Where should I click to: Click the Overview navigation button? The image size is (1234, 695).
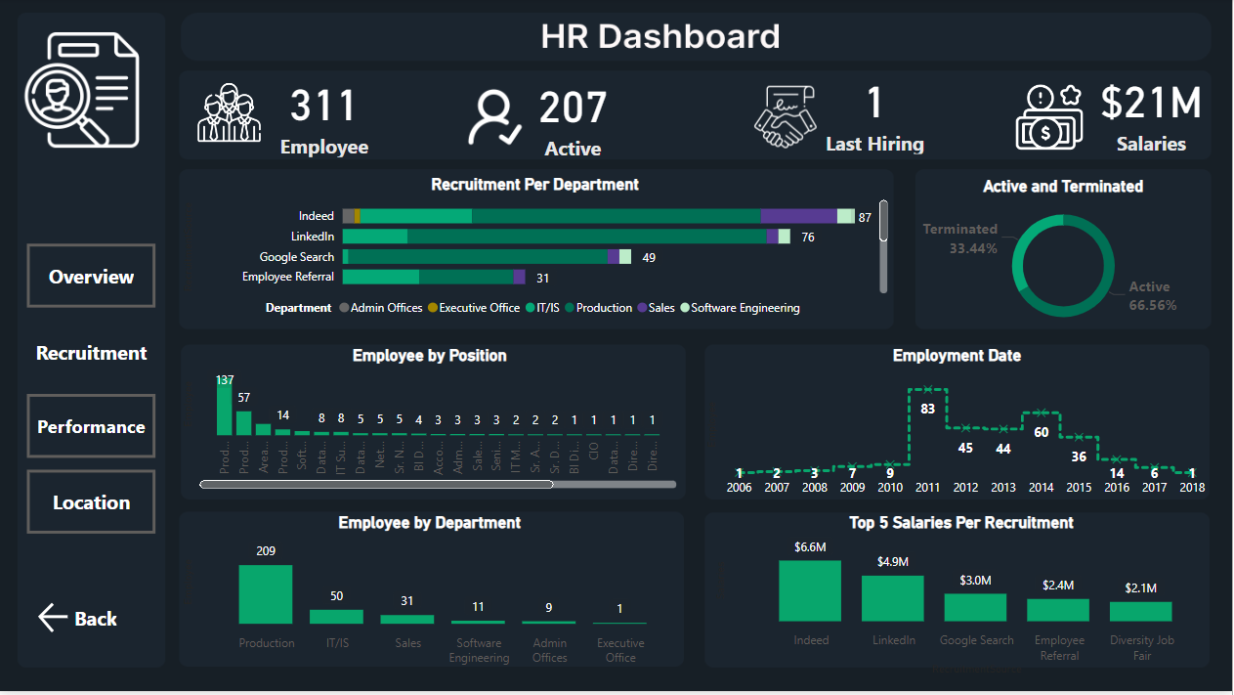click(x=91, y=277)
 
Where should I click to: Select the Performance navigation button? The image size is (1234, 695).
click(x=91, y=427)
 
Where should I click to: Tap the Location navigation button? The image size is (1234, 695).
click(x=91, y=502)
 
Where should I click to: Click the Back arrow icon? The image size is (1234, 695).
click(x=52, y=618)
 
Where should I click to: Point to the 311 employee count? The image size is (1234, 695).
click(x=323, y=107)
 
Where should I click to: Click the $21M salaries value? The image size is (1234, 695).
click(x=1151, y=104)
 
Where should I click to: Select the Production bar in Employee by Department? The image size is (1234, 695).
click(x=266, y=594)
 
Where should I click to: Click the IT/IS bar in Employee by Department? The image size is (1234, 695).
click(x=336, y=616)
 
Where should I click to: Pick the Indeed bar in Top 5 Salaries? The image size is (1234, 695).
click(x=810, y=590)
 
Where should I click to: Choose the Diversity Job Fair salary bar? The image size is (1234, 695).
click(x=1140, y=611)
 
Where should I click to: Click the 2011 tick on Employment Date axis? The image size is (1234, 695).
click(x=927, y=487)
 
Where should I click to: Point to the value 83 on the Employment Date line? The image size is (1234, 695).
click(x=927, y=409)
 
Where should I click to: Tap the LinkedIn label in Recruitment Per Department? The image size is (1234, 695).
click(x=313, y=237)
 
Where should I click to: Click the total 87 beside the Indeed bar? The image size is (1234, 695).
click(x=865, y=217)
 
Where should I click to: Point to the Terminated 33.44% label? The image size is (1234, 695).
click(x=960, y=239)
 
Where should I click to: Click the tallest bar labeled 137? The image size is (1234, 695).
click(x=225, y=409)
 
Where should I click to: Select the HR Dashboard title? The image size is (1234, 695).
click(x=660, y=37)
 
